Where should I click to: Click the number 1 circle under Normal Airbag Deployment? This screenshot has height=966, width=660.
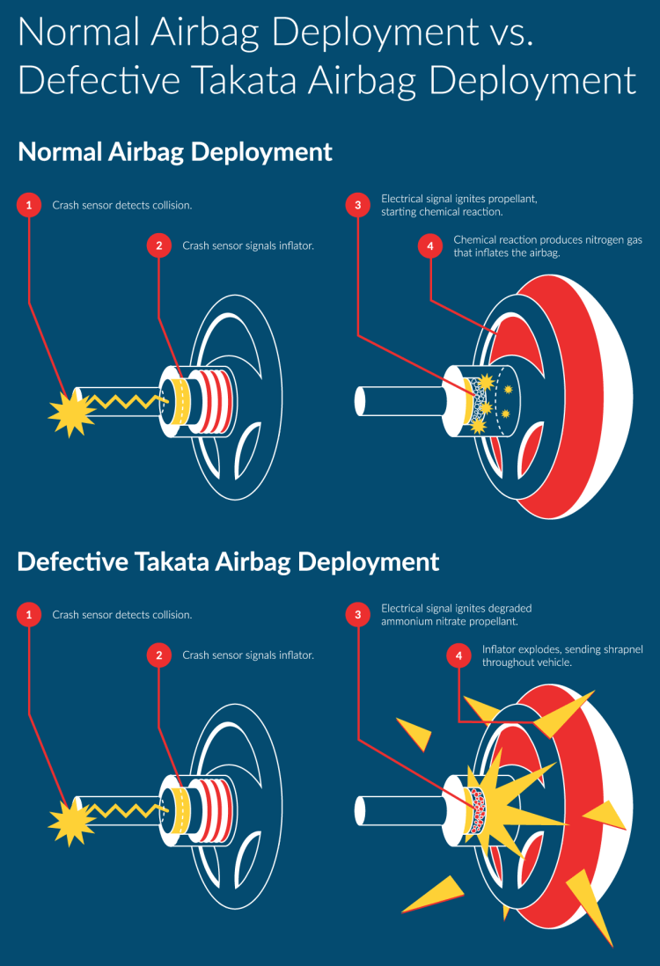click(x=29, y=205)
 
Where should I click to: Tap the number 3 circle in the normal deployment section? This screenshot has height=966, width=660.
click(x=357, y=205)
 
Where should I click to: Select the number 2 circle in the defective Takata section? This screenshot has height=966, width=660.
click(x=159, y=655)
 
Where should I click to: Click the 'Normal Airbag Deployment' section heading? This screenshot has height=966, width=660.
click(x=175, y=151)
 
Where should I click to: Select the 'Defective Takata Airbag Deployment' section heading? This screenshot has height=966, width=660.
click(x=228, y=561)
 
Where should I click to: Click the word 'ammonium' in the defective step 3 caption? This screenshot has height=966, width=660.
click(x=410, y=622)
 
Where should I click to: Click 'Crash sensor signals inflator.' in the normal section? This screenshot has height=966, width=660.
click(x=248, y=246)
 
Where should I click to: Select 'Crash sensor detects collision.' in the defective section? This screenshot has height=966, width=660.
click(x=122, y=615)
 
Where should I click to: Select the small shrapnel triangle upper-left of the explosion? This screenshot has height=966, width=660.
click(x=415, y=733)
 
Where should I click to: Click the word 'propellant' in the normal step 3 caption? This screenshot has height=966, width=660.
click(x=506, y=200)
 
